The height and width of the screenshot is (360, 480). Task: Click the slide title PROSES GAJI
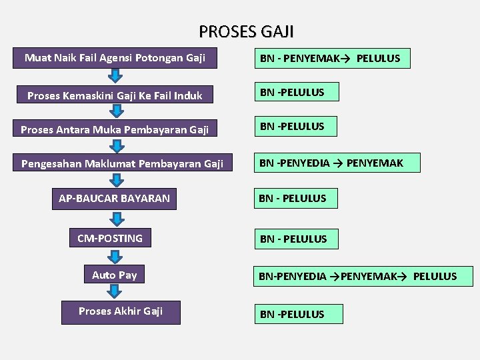click(246, 31)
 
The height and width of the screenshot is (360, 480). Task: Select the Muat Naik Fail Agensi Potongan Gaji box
click(115, 58)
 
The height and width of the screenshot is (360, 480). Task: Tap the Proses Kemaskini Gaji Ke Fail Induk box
click(115, 95)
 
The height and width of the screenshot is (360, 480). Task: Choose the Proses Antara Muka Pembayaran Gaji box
click(115, 129)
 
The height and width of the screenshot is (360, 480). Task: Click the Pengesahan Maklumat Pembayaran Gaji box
click(122, 163)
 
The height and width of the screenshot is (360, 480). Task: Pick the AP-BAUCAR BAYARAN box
click(115, 199)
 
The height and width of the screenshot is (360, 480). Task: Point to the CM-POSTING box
click(110, 239)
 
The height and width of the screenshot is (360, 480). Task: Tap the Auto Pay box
click(115, 275)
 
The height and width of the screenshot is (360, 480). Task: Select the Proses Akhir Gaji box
click(121, 311)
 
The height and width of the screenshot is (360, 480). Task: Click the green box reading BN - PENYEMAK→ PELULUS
click(331, 59)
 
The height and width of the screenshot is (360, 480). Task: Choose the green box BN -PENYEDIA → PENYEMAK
click(337, 163)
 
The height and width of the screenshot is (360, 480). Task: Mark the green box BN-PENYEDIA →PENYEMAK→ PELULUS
click(363, 276)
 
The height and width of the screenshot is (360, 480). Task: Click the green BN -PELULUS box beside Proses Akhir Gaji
click(298, 314)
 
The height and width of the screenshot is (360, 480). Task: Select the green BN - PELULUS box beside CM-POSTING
click(295, 239)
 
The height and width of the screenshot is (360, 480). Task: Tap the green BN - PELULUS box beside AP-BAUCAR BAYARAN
click(295, 198)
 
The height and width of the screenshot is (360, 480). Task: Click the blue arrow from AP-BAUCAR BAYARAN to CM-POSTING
click(116, 219)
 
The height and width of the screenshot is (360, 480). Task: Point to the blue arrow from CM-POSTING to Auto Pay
click(115, 257)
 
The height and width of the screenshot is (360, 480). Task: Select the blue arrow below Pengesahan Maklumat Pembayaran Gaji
click(117, 181)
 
